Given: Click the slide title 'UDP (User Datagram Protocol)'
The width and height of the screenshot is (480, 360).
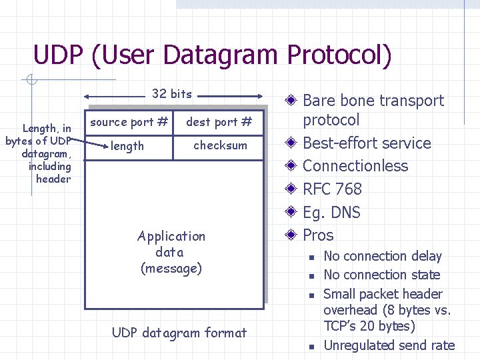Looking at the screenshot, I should click(212, 55).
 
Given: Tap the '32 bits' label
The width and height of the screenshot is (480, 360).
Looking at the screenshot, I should click(171, 94).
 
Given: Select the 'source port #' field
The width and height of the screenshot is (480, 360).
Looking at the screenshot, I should click(129, 122).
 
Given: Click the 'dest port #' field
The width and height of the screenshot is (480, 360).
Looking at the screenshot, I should click(219, 122).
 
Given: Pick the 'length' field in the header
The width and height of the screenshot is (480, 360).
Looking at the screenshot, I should click(127, 145).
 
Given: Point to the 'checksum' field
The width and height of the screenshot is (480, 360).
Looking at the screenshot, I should click(220, 145).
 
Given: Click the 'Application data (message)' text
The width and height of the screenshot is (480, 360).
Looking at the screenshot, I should click(171, 252).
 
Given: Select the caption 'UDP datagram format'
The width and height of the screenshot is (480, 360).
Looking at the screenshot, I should click(179, 333).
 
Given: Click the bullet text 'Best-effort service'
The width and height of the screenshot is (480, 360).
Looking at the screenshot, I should click(367, 143).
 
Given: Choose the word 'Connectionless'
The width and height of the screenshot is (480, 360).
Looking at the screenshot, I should click(355, 166).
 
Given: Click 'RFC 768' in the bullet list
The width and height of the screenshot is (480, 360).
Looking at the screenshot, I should click(332, 189).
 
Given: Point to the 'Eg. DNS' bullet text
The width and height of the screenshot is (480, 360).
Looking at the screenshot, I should click(331, 213).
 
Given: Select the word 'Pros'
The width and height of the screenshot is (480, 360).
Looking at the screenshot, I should click(318, 235).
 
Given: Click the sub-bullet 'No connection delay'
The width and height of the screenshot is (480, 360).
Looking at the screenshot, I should click(382, 257).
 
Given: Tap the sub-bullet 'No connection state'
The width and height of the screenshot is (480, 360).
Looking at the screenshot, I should click(381, 275).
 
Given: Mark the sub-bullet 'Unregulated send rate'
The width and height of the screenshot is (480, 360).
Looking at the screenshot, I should click(389, 345).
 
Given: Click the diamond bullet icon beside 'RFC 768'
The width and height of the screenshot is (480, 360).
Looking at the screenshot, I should click(291, 190).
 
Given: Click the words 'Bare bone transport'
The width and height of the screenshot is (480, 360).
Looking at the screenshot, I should click(373, 101).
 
